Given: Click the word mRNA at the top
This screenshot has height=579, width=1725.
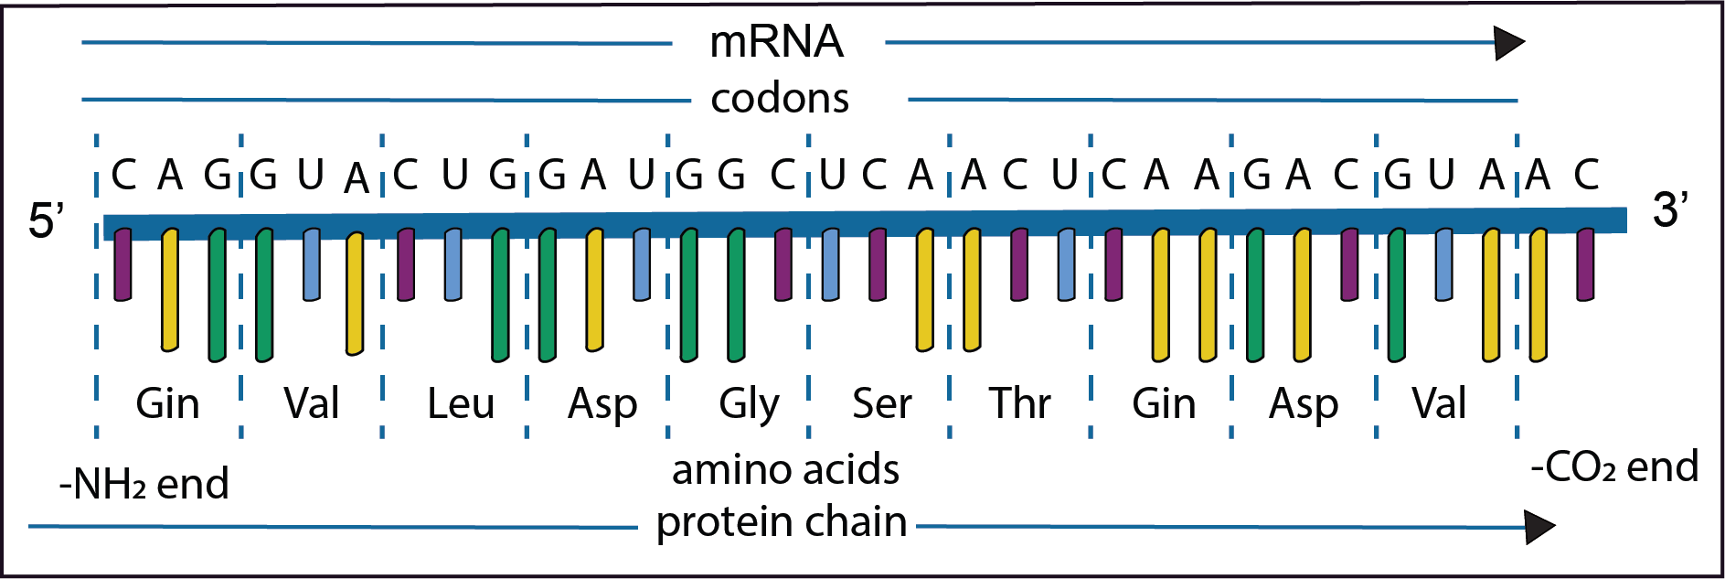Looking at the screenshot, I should (776, 42).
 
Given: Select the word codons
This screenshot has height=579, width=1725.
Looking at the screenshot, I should (780, 99).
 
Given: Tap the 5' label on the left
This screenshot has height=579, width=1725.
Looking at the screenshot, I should (46, 220).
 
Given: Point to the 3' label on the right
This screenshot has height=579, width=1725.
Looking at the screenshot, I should (1669, 209).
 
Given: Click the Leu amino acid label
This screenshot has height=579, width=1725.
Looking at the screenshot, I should (460, 403).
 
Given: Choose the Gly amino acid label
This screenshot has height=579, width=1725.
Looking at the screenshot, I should (749, 403).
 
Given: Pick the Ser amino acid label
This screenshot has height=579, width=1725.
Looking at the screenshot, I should (881, 403).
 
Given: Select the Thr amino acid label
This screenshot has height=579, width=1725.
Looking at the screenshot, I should (1019, 403).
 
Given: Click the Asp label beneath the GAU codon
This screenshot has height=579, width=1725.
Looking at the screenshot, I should (602, 403).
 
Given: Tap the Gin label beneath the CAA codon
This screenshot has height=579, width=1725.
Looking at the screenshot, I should (1163, 403).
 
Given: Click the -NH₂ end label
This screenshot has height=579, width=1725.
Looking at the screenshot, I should (144, 484).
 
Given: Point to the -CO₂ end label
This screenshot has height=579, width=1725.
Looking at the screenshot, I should (1614, 467).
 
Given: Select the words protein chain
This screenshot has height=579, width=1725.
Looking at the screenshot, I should (782, 522).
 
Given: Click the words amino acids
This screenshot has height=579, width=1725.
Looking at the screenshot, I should (785, 470).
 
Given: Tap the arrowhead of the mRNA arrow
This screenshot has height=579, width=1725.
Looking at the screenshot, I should (1509, 43).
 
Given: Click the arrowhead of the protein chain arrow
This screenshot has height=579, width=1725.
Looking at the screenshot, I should (1540, 527).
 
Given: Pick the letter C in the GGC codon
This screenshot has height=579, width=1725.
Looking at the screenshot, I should (783, 175).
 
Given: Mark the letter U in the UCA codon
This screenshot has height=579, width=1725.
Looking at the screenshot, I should (831, 175).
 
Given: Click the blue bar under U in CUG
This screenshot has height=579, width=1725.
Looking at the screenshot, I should (453, 265).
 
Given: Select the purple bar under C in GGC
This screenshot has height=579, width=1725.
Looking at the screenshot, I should (783, 265).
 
